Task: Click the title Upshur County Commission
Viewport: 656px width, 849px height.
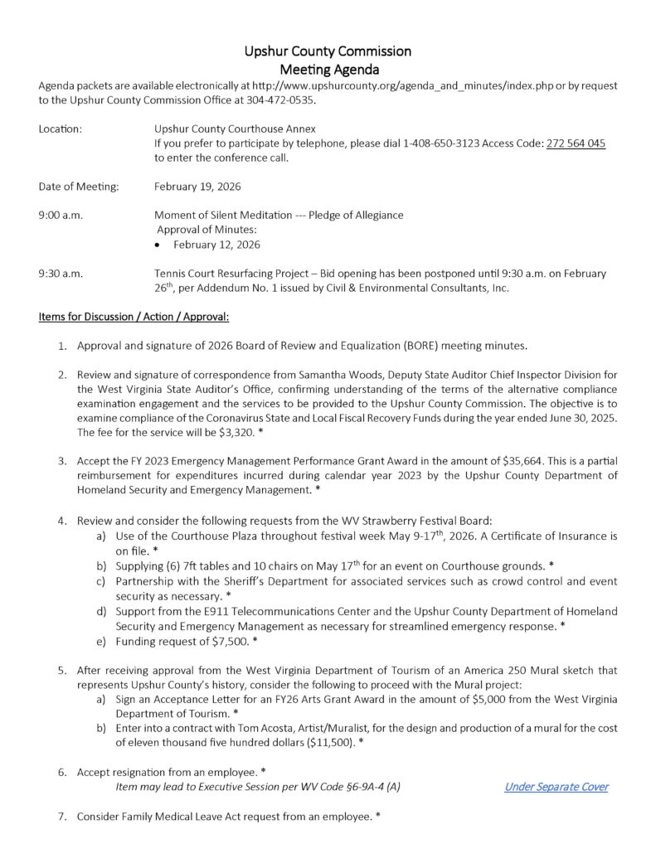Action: point(328,51)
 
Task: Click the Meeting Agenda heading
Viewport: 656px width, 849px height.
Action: point(328,70)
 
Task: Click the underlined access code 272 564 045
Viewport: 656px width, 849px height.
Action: point(576,143)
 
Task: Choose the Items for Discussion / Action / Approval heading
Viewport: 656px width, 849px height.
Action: point(134,317)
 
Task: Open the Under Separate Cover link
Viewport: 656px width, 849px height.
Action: point(556,787)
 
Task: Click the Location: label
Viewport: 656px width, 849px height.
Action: point(61,129)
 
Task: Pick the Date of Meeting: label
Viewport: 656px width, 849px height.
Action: point(79,187)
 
